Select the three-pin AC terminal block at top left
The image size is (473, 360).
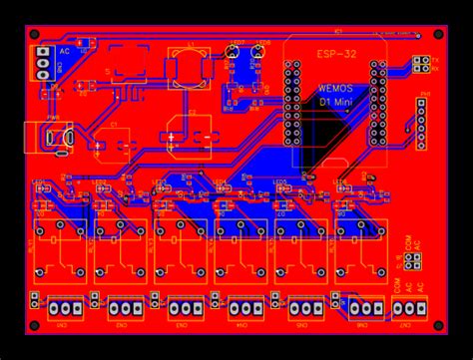coord(43,63)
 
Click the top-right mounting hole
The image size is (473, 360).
coord(436,33)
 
